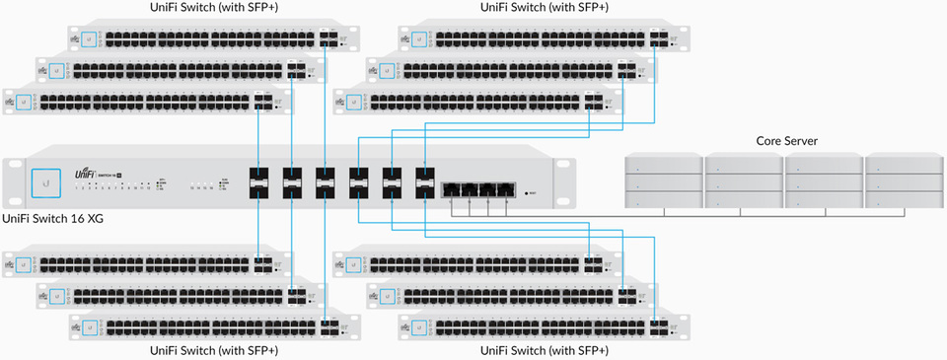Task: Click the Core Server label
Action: click(786, 141)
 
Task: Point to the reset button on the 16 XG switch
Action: click(529, 194)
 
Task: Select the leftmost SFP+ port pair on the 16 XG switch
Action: click(260, 182)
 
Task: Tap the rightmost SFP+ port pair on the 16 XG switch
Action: click(425, 182)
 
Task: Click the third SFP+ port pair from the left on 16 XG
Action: click(327, 182)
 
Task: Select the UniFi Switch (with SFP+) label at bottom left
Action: click(214, 350)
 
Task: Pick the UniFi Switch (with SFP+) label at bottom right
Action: click(544, 350)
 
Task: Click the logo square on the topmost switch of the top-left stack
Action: click(91, 39)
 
